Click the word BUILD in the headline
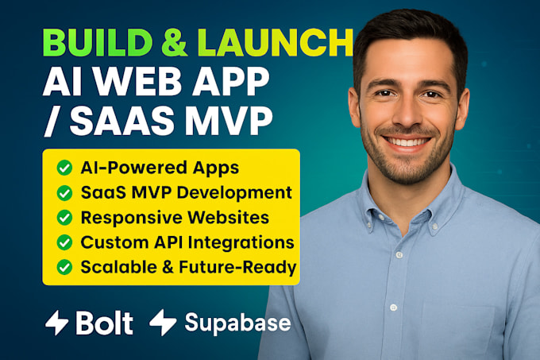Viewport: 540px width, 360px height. click(x=87, y=41)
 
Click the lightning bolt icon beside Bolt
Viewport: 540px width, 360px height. click(x=56, y=322)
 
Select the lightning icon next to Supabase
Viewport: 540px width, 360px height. click(x=163, y=322)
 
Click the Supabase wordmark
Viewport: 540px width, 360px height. click(x=237, y=323)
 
